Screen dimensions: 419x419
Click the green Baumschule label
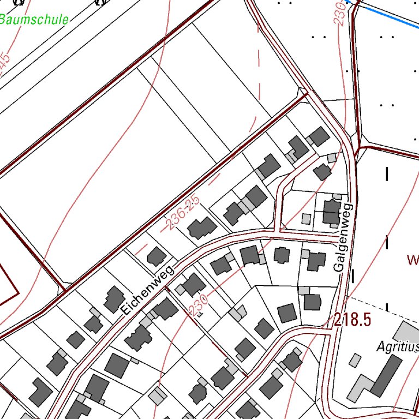click(x=34, y=20)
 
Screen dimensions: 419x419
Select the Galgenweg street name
click(x=343, y=238)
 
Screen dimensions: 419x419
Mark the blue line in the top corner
click(x=387, y=16)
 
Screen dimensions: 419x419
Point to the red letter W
click(x=412, y=259)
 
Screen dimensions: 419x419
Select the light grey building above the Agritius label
click(x=406, y=331)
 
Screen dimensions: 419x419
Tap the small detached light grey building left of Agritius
click(x=355, y=360)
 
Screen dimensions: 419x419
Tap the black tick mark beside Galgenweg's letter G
click(x=353, y=276)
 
